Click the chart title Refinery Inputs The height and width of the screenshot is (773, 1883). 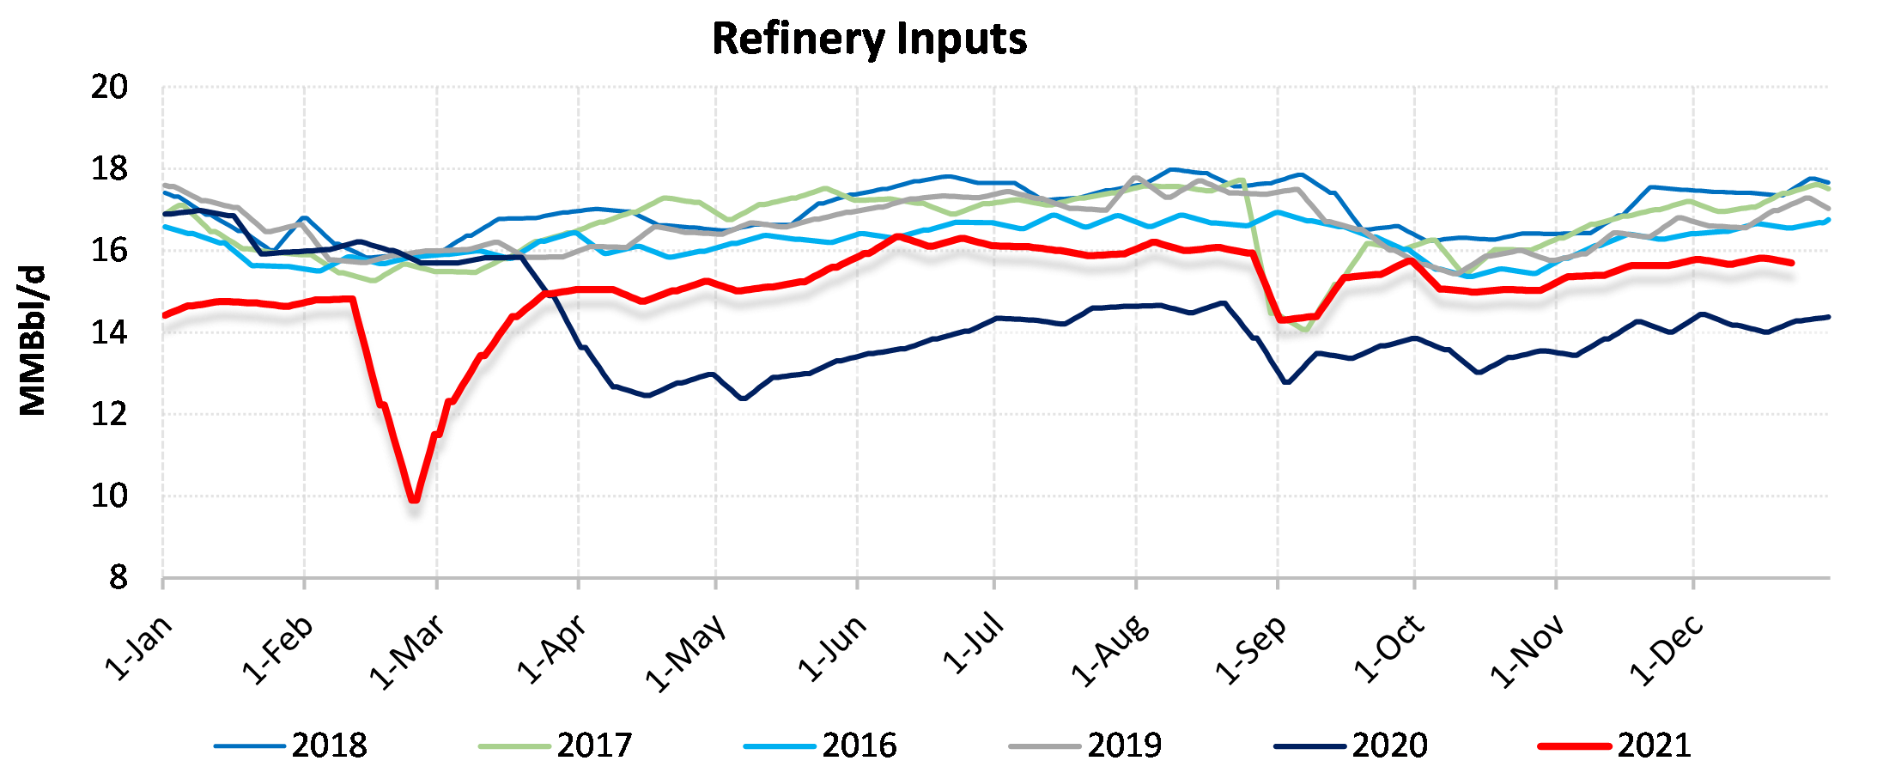pyautogui.click(x=869, y=40)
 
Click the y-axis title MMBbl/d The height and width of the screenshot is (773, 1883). pyautogui.click(x=33, y=341)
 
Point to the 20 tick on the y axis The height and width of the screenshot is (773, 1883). pyautogui.click(x=109, y=87)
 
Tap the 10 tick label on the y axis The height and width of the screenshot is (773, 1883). pyautogui.click(x=109, y=496)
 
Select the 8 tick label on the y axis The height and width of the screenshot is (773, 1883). pyautogui.click(x=118, y=578)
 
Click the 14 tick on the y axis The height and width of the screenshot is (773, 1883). pyautogui.click(x=109, y=332)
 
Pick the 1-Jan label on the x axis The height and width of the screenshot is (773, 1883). pyautogui.click(x=139, y=648)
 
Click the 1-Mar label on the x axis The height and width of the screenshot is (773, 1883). pyautogui.click(x=408, y=653)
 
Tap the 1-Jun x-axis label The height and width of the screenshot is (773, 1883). pyautogui.click(x=833, y=648)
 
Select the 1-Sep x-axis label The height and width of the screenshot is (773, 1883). pyautogui.click(x=1252, y=650)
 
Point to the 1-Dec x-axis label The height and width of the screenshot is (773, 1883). pyautogui.click(x=1667, y=650)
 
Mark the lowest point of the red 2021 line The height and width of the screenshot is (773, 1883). pyautogui.click(x=415, y=499)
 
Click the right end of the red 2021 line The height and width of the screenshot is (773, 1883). pyautogui.click(x=1791, y=262)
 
